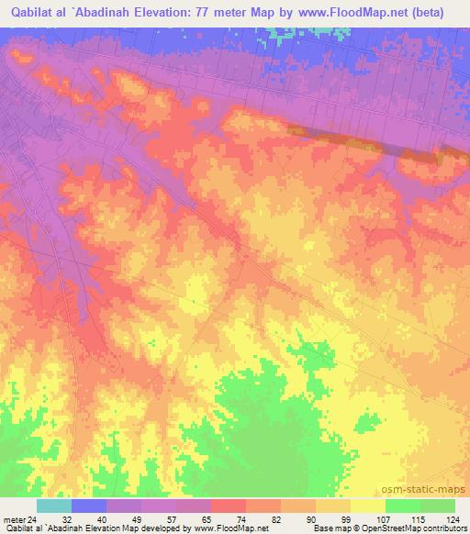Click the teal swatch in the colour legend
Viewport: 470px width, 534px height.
(54, 506)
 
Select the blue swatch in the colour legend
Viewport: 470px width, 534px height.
(89, 506)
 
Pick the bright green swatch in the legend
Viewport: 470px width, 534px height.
(403, 506)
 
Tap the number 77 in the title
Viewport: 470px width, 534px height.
(216, 13)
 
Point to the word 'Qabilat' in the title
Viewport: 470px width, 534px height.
(35, 13)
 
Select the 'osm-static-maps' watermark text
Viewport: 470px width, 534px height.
(425, 489)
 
